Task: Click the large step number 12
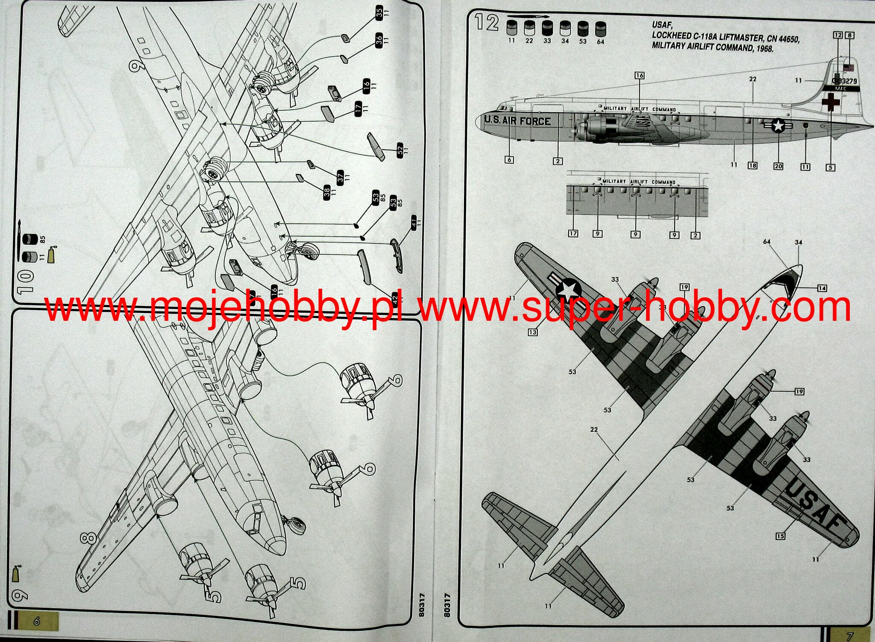(x=487, y=23)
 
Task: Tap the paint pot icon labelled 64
(x=600, y=29)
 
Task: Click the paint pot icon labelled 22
(x=529, y=29)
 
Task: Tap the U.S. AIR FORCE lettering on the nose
(x=517, y=121)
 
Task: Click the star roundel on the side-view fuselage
(x=778, y=125)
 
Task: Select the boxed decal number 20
(x=778, y=166)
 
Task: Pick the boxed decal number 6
(x=509, y=160)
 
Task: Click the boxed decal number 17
(x=573, y=234)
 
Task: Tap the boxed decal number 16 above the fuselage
(x=639, y=76)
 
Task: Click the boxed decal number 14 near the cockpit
(x=822, y=288)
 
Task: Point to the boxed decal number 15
(x=780, y=536)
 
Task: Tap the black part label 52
(x=400, y=150)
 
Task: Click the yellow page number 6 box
(x=37, y=621)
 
